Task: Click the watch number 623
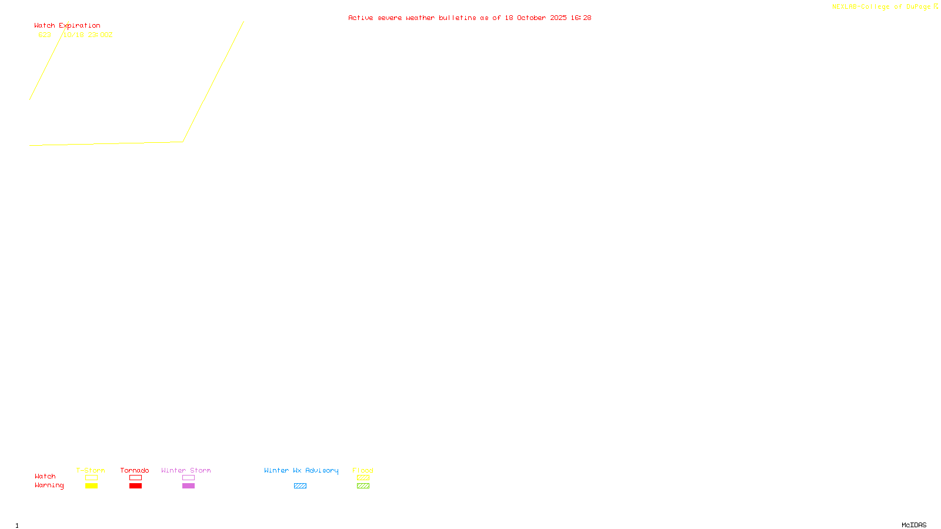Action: point(45,35)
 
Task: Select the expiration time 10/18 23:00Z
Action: point(88,35)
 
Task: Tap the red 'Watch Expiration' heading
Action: point(67,26)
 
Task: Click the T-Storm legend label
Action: point(91,470)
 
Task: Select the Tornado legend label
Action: point(135,470)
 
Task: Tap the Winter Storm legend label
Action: point(186,470)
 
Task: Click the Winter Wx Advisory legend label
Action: point(301,470)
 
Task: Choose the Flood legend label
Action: point(363,470)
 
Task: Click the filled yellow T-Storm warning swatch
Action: point(91,486)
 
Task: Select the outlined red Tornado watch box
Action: point(135,478)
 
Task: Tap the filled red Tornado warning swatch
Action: point(135,486)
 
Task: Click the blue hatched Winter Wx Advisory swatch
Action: point(300,486)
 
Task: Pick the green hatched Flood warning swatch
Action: point(363,486)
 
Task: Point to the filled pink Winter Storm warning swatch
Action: point(188,486)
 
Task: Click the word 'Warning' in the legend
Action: point(49,486)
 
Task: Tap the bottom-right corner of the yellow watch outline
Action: point(183,141)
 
